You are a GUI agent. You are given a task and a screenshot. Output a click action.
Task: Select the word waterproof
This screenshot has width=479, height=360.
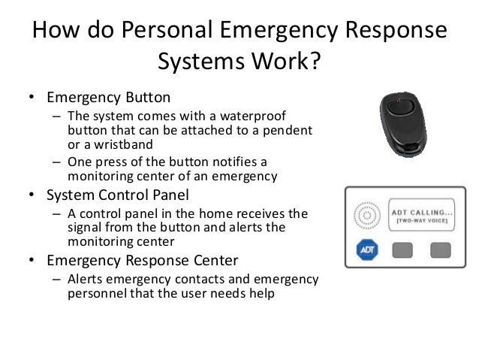pos(256,116)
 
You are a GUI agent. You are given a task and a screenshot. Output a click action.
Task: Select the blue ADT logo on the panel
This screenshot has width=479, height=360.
pos(366,250)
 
